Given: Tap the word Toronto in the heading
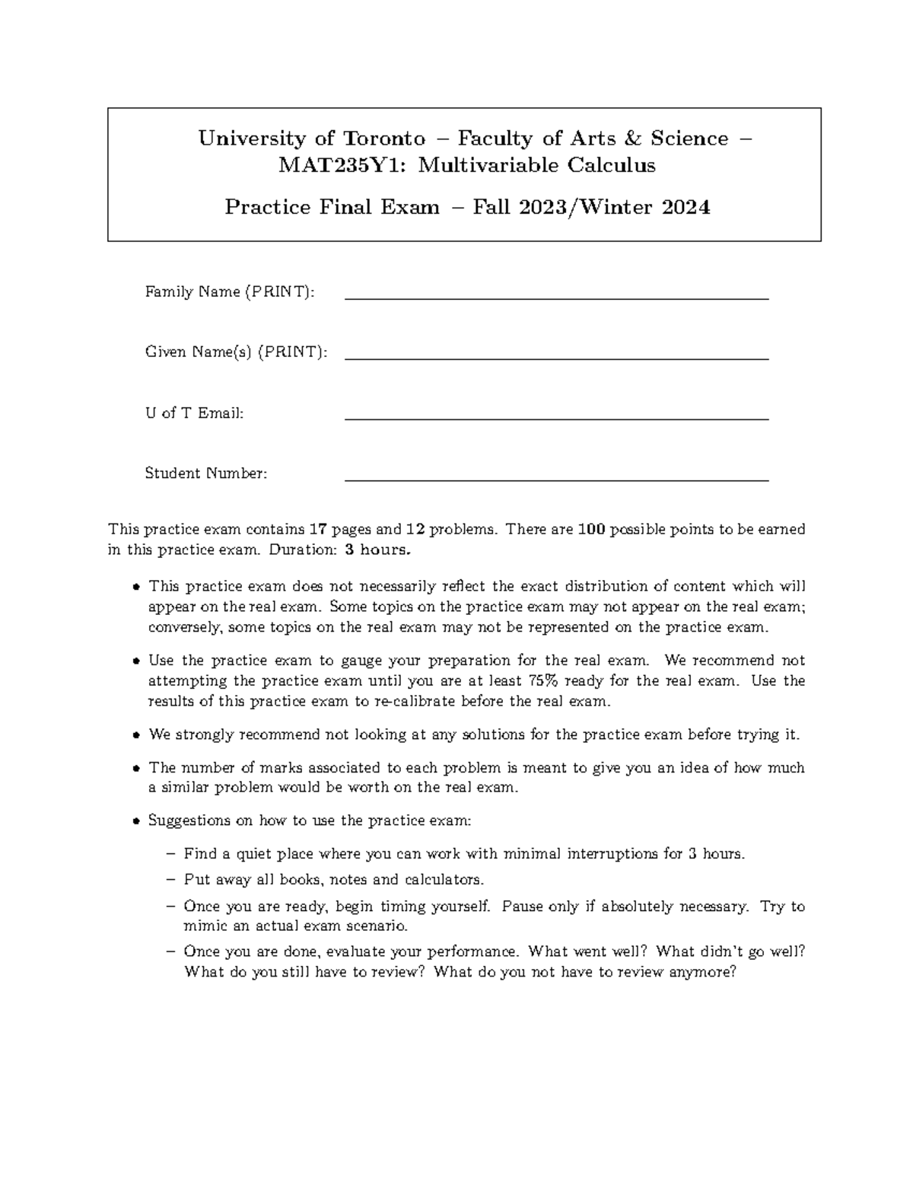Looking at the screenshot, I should (384, 139).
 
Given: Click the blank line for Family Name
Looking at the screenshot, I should (556, 299).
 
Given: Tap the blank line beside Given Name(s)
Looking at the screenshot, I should (556, 358).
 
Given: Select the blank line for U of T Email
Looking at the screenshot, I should (556, 419).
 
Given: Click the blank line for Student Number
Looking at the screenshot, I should (556, 480).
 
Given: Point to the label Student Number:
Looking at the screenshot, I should (206, 473).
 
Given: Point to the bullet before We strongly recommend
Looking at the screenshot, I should (135, 736).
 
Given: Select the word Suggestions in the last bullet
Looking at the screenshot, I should (184, 821).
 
